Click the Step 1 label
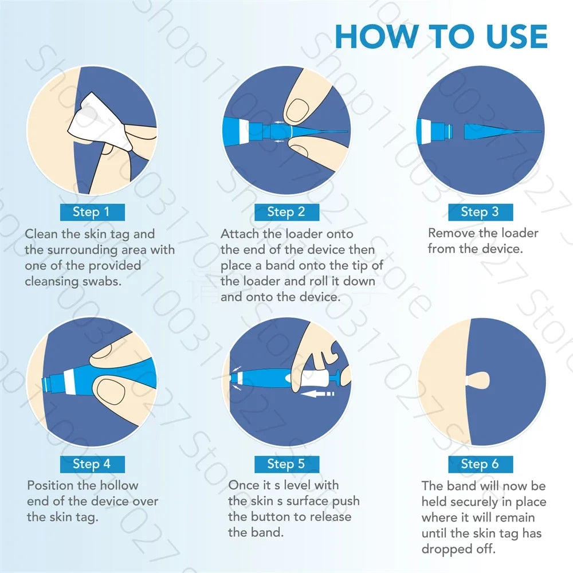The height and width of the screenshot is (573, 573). point(92,212)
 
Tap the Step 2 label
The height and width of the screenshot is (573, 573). point(286,212)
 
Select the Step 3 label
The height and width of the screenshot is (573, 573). point(481,212)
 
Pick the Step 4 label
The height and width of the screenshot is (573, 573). point(92,464)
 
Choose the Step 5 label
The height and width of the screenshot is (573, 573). point(286,464)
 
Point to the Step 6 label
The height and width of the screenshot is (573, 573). point(481,464)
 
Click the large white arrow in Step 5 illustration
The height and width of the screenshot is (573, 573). point(317,394)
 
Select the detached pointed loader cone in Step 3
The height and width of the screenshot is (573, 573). point(503,132)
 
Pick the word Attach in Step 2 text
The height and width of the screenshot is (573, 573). point(240,234)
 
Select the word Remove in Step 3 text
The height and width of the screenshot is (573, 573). point(447,233)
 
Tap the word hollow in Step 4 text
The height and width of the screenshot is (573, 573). point(119,485)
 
